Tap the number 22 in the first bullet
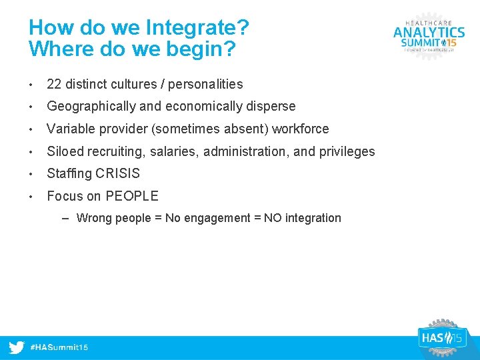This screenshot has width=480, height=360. point(54,84)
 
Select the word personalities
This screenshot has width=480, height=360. point(205,84)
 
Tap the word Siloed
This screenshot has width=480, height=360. point(64,151)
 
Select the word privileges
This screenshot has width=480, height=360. point(347,151)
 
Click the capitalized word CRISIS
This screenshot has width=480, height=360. point(117,173)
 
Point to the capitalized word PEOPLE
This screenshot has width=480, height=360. point(132,196)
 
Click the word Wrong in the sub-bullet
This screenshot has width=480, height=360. point(94,218)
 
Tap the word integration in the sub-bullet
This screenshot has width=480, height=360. point(313,218)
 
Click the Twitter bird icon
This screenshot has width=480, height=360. point(17,348)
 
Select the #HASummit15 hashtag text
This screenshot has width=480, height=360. point(59,348)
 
